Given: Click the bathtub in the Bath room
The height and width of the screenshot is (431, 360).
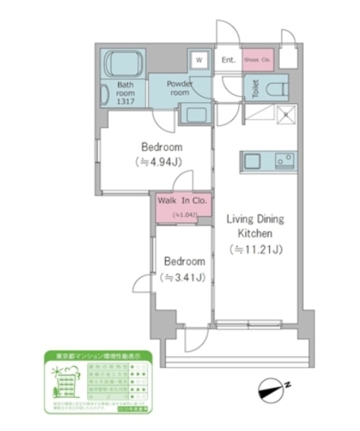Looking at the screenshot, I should pyautogui.click(x=121, y=63).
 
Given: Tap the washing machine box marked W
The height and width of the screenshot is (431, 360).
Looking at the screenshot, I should pyautogui.click(x=199, y=60).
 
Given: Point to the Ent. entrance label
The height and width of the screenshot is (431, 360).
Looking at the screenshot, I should pyautogui.click(x=229, y=60).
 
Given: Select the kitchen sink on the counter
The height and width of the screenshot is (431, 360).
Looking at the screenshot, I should pyautogui.click(x=254, y=162).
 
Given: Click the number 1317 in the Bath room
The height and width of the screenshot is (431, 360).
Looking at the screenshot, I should pyautogui.click(x=126, y=101).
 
